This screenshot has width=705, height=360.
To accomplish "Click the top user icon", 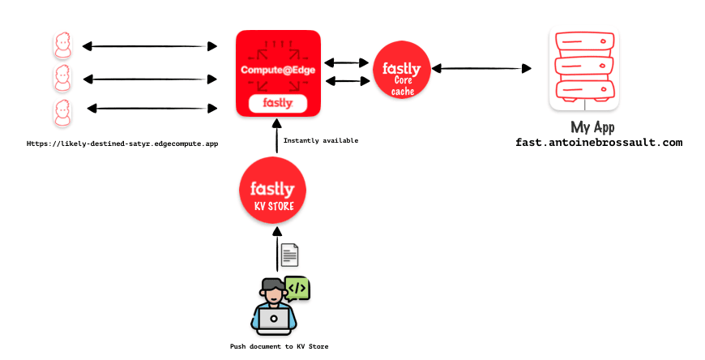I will click(62, 45).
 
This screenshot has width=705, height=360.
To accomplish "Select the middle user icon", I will click(62, 79).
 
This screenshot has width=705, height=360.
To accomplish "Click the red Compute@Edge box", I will click(277, 73).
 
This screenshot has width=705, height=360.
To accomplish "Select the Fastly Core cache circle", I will click(401, 70).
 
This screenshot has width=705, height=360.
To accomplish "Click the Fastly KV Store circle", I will click(272, 192).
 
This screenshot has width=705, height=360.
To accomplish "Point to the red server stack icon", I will click(583, 69).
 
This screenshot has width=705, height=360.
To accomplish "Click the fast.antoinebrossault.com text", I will click(599, 142).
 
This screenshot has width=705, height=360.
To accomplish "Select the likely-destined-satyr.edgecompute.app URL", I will click(122, 143).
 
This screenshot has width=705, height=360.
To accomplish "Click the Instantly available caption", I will click(320, 140).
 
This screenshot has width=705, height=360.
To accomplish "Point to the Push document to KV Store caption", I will click(280, 346).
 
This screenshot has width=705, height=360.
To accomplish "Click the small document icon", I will click(289, 255).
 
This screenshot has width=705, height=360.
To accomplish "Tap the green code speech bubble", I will click(297, 287).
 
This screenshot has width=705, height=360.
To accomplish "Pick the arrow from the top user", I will click(150, 45).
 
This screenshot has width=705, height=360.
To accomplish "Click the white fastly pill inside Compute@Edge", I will click(277, 103).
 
